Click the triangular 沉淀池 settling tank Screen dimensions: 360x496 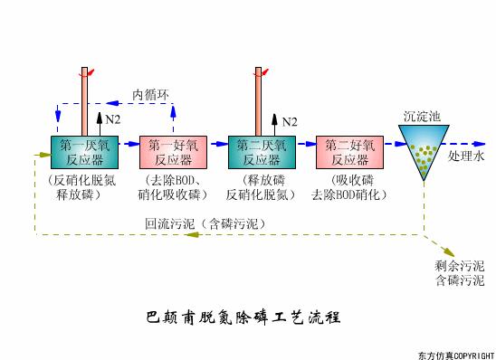coord(422,152)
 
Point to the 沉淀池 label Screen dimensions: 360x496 coord(421,116)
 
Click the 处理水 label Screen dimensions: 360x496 coord(467,156)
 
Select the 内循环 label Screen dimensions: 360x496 coord(150,93)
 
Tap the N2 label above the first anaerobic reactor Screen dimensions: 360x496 coord(112,119)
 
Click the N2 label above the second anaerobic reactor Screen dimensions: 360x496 coord(290,121)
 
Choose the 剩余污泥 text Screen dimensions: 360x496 coord(459,266)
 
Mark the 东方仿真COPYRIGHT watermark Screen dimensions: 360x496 coord(456,354)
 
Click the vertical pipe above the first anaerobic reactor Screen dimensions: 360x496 coord(84,99)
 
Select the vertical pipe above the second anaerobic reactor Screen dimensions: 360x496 coord(261,99)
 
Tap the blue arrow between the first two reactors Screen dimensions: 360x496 coord(128,144)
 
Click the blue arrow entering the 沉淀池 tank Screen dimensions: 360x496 coord(390,144)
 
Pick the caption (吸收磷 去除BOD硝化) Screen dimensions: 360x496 coord(349,188)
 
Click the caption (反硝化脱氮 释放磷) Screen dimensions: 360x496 coord(82,188)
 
